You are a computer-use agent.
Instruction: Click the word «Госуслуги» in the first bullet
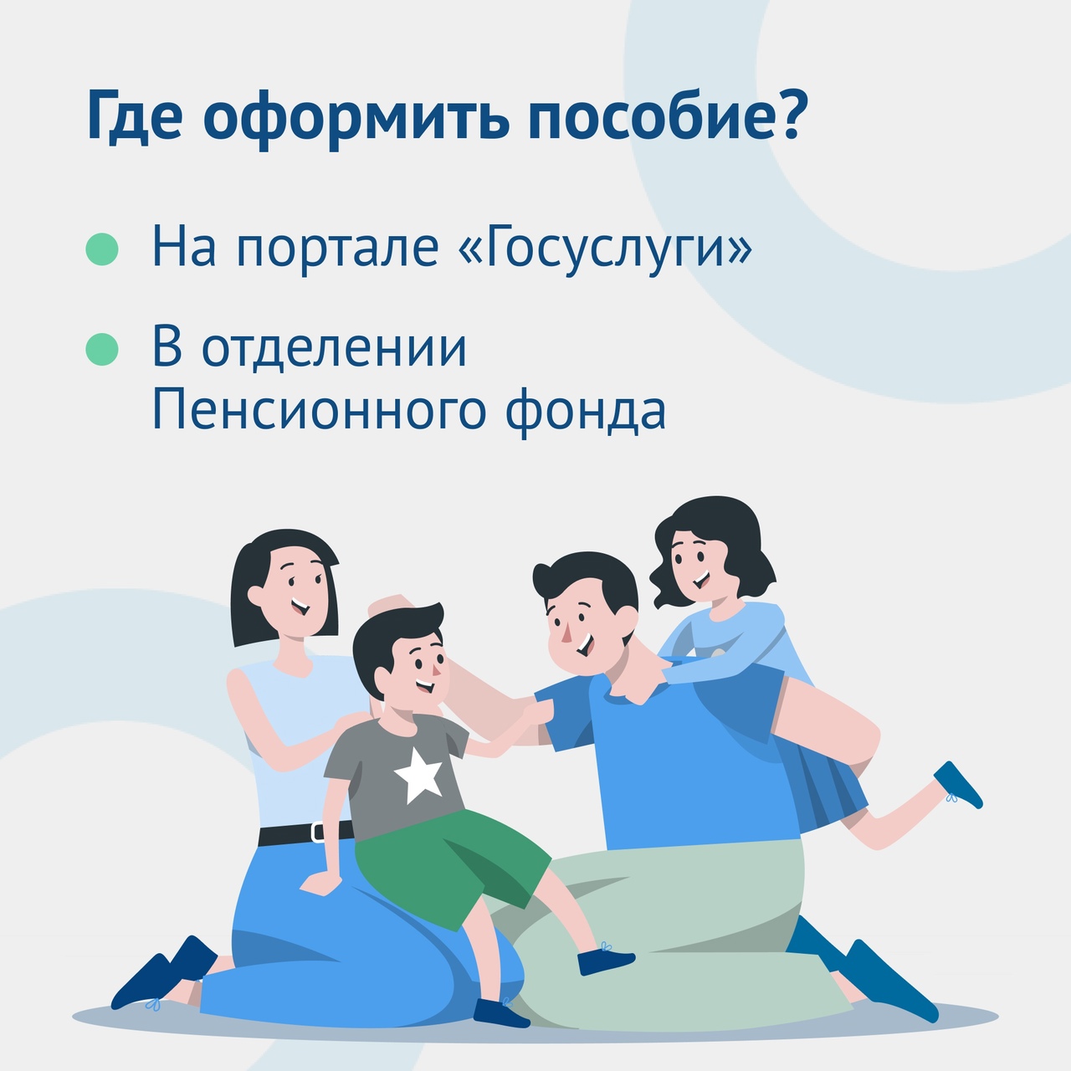click(x=604, y=246)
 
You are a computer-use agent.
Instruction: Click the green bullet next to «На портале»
click(x=102, y=249)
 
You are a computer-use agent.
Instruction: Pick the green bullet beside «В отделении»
click(x=102, y=349)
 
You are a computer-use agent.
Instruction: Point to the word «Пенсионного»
click(x=319, y=412)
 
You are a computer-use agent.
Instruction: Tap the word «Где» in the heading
click(x=135, y=116)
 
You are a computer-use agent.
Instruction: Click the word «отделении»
click(x=334, y=348)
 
